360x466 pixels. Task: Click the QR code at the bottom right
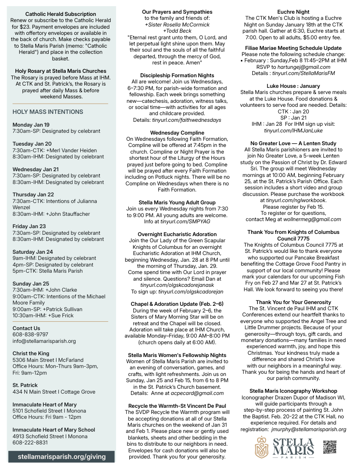pos(330,447)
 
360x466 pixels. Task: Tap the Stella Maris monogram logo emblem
pos(262,447)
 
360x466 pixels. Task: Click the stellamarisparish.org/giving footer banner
pos(62,456)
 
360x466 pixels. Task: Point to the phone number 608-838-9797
pos(30,334)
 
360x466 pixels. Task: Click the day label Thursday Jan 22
pos(33,195)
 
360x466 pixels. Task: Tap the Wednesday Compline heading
pos(177,132)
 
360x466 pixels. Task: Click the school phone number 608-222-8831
pos(30,442)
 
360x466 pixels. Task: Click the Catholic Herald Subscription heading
pos(60,14)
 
